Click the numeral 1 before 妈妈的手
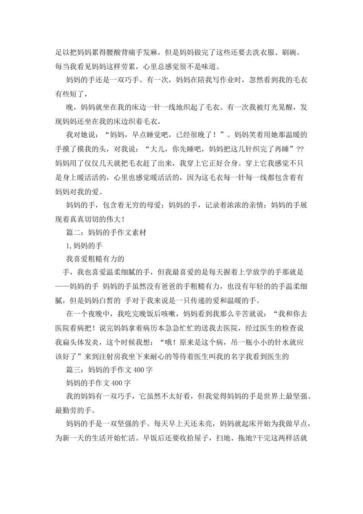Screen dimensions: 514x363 click(68, 246)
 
